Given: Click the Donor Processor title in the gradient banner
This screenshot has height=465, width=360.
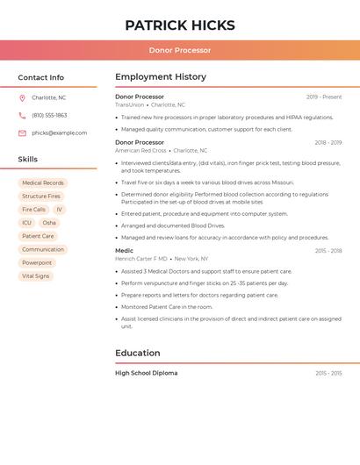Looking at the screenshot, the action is point(179,50).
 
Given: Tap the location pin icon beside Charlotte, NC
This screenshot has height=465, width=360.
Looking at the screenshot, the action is point(22,97).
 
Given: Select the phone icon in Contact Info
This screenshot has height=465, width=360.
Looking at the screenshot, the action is point(22,115).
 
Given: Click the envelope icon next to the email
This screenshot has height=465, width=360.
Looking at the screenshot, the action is point(22,132).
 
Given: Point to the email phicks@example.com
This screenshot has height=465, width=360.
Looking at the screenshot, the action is point(59,132).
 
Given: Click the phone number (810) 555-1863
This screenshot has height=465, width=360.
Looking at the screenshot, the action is point(49,115).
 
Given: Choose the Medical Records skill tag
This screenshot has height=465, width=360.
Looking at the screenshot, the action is point(42,183).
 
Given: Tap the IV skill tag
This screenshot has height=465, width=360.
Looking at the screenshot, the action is point(59,210).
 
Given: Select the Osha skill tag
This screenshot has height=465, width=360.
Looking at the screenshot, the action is point(49,223).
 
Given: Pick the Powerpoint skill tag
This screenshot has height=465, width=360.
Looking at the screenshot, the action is point(37,262).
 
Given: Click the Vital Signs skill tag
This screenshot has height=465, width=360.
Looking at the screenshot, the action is point(36,275).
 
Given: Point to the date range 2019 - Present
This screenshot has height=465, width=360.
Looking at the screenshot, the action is point(324,97).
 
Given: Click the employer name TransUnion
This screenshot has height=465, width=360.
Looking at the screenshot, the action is point(129,104).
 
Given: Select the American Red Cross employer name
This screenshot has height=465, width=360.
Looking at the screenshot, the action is point(140,150).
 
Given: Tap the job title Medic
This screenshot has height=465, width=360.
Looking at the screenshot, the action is point(124,251).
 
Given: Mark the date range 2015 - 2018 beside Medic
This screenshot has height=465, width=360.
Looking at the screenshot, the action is point(328,251).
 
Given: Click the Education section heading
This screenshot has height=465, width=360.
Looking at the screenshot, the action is point(139,353).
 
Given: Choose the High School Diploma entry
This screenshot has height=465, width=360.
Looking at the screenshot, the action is point(146,373).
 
